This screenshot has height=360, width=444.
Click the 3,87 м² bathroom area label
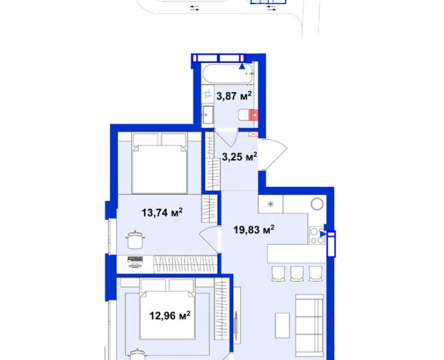(234, 96)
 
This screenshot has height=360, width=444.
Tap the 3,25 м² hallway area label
(239, 157)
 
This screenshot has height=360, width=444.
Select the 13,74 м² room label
(162, 212)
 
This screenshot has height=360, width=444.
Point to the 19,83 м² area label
(254, 229)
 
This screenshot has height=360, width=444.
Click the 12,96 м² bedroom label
(170, 315)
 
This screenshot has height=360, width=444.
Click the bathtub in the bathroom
(228, 74)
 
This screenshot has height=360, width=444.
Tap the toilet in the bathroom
(248, 115)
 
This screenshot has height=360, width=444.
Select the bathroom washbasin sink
(208, 115)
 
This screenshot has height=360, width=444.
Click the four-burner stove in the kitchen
(317, 236)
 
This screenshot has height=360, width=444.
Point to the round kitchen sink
(317, 204)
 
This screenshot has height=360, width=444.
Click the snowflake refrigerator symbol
(271, 204)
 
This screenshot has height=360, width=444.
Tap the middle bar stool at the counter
(297, 274)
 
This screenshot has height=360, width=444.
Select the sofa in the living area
(310, 325)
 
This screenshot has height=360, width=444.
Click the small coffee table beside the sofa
(283, 325)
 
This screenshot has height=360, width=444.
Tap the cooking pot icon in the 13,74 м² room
(135, 239)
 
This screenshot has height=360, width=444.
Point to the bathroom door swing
(227, 138)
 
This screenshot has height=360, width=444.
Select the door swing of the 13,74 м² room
(209, 240)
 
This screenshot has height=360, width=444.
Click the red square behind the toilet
(253, 115)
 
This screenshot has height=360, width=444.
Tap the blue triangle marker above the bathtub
(242, 67)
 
